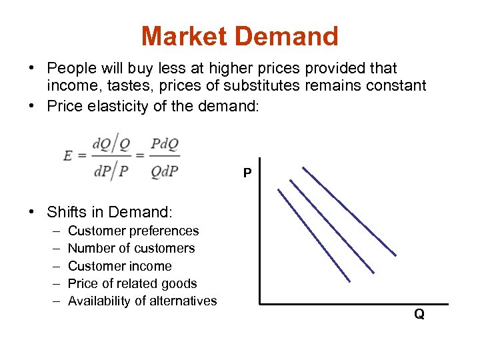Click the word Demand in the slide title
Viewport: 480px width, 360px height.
(x=288, y=36)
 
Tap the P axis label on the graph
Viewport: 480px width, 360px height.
(x=247, y=173)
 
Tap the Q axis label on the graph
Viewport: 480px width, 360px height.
(x=419, y=314)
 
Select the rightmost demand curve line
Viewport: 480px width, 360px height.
(x=349, y=211)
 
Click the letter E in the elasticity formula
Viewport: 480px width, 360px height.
(x=68, y=155)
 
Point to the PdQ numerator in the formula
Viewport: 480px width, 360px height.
(x=165, y=144)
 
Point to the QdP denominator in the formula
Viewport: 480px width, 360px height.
(x=165, y=171)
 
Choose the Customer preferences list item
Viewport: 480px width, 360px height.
(x=133, y=231)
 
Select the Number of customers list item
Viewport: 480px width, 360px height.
(x=131, y=248)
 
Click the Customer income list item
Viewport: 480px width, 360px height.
(x=120, y=266)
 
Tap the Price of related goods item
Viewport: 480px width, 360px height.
(x=133, y=283)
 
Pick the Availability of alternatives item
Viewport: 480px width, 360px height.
(x=142, y=301)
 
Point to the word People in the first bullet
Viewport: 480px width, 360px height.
(x=69, y=68)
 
